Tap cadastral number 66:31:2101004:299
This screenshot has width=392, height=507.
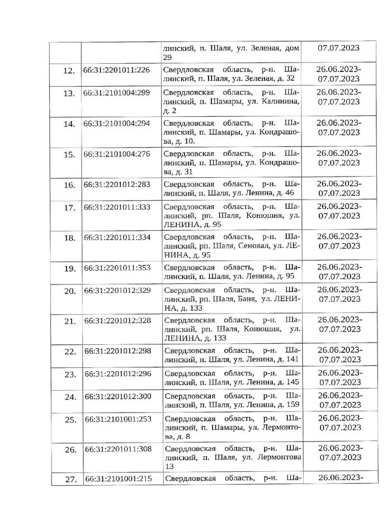click(x=116, y=92)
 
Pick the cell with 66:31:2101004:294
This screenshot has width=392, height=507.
click(x=116, y=124)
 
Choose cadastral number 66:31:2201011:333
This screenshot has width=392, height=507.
click(x=116, y=206)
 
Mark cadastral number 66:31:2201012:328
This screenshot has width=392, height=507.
click(x=116, y=320)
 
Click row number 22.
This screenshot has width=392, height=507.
click(x=69, y=352)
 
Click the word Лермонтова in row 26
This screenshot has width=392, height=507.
click(x=276, y=457)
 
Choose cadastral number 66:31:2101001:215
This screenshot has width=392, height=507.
click(x=116, y=479)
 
